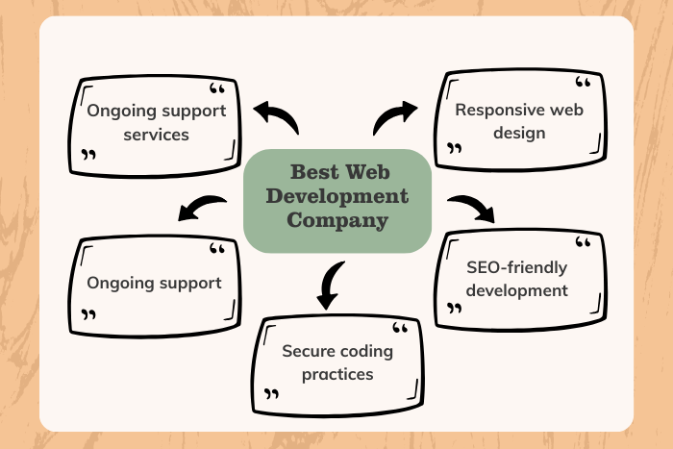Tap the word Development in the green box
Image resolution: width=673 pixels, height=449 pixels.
337,198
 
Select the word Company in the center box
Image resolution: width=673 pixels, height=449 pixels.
337,220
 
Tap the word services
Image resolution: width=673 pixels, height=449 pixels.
157,134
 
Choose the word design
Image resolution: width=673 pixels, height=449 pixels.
519,133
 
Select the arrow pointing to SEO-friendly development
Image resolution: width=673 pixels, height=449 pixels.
471,207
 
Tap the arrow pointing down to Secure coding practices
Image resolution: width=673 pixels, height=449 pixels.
330,285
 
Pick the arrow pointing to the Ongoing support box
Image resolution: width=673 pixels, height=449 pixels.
201,207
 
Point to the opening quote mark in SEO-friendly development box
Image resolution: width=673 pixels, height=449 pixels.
584,242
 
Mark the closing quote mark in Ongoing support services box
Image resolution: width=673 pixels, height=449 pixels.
89,155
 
